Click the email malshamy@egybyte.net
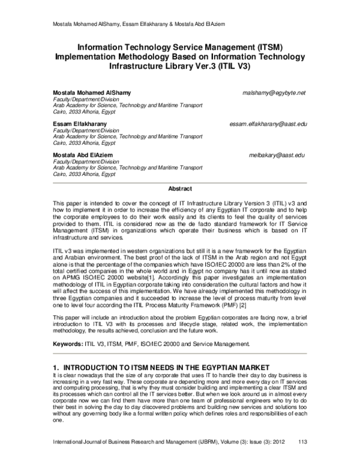tap(274, 93)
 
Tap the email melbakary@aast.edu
tap(277, 155)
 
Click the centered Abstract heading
tap(179, 189)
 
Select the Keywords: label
tap(70, 344)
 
